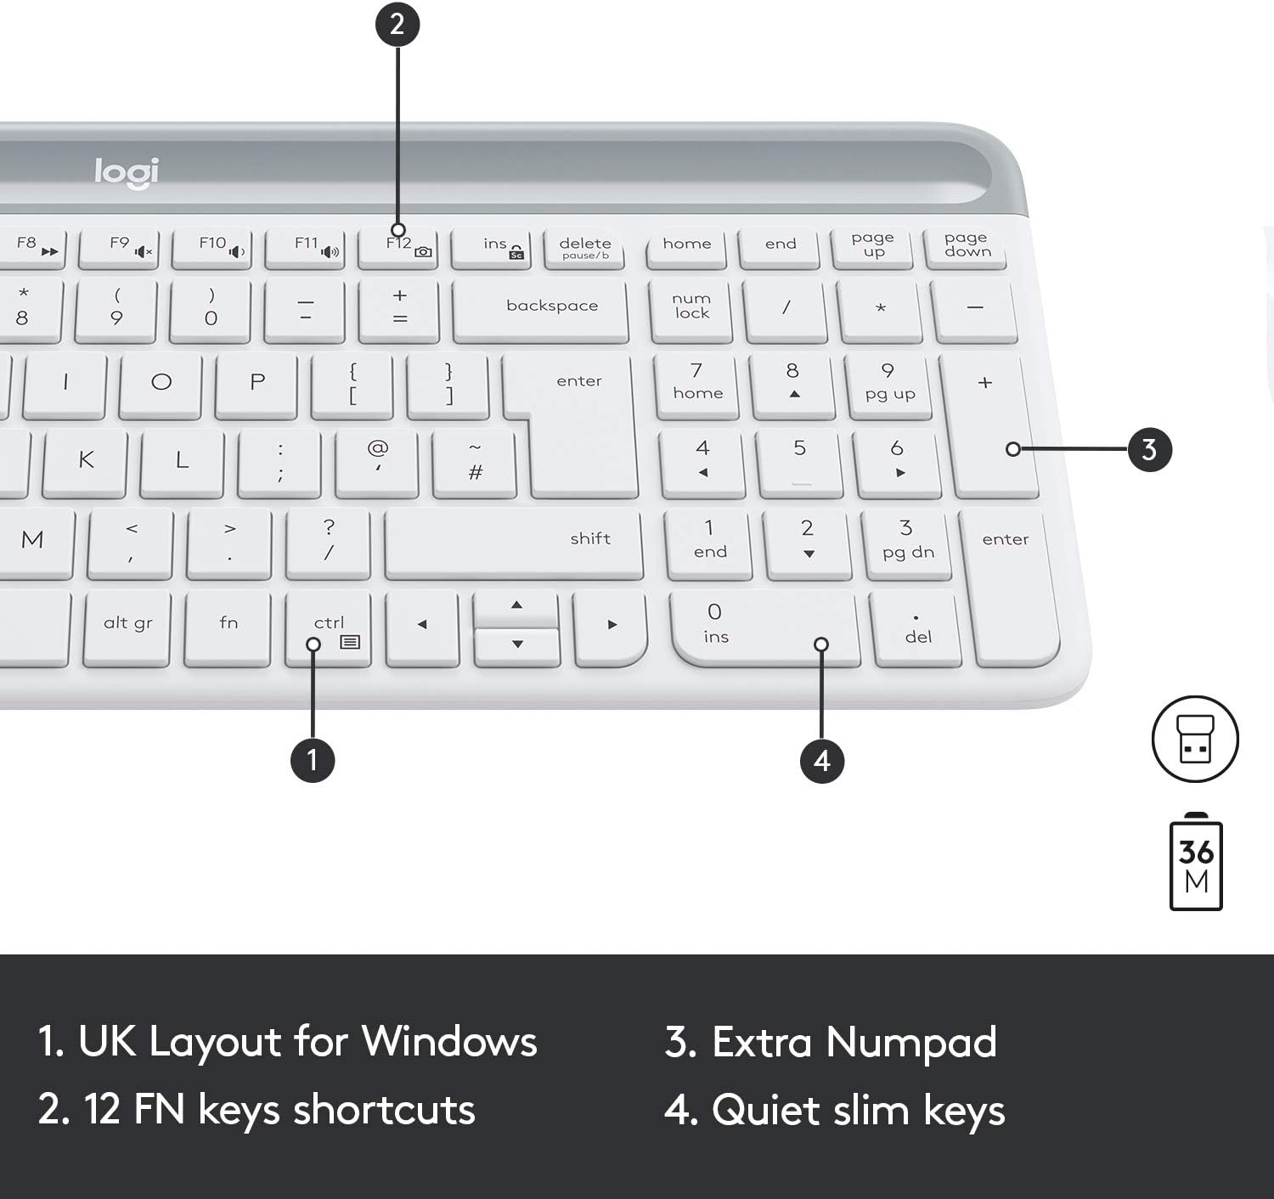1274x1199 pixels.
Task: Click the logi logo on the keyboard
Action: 127,172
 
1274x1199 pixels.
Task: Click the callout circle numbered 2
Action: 397,24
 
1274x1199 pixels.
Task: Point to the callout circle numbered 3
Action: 1149,449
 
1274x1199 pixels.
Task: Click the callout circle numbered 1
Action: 313,759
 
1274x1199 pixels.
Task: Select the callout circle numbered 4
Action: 821,759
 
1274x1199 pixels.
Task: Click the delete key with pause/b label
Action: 585,248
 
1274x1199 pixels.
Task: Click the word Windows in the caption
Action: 449,1042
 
